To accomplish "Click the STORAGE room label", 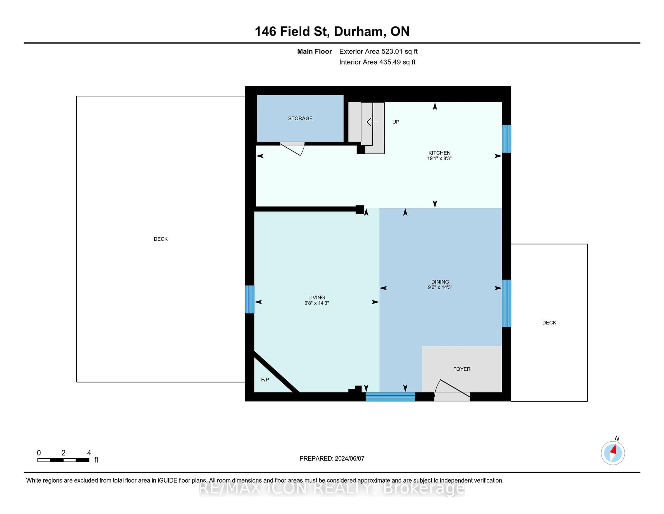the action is pyautogui.click(x=300, y=118).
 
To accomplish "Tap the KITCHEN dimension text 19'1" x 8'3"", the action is pyautogui.click(x=439, y=158).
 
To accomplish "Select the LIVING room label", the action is pyautogui.click(x=316, y=298).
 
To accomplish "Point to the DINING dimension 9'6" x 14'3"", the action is pyautogui.click(x=440, y=287).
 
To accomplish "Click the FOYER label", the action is pyautogui.click(x=462, y=369).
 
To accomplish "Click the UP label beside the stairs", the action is pyautogui.click(x=395, y=122).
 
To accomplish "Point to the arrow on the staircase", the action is pyautogui.click(x=372, y=122).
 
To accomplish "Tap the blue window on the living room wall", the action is pyautogui.click(x=250, y=299).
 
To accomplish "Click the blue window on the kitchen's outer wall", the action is pyautogui.click(x=506, y=139).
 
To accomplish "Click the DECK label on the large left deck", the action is pyautogui.click(x=160, y=239).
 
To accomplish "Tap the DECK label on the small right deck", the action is pyautogui.click(x=549, y=323).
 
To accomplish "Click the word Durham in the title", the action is pyautogui.click(x=358, y=32).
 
